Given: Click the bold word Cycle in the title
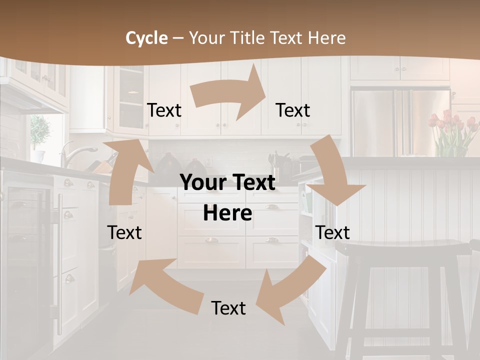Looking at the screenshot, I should [146, 38].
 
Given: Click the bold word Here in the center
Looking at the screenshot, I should [227, 213].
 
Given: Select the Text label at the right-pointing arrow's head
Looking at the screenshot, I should [293, 110].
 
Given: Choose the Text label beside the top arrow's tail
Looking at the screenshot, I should [164, 110].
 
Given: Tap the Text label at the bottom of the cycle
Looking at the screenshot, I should [228, 308].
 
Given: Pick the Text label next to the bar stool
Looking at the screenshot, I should [332, 232].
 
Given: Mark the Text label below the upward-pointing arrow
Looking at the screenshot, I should [124, 232].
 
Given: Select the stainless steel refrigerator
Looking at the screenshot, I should [400, 120].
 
